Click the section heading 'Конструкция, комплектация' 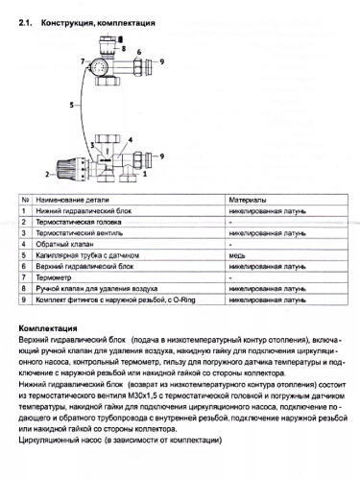click(100, 20)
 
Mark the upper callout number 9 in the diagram click(162, 60)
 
